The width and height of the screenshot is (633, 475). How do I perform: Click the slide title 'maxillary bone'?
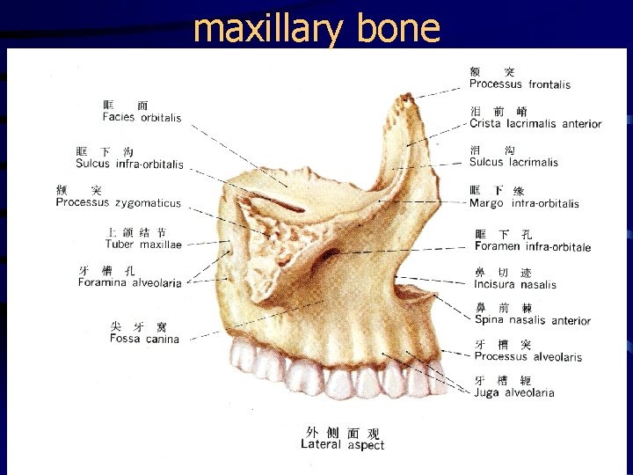316,28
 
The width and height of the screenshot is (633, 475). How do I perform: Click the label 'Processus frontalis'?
520,84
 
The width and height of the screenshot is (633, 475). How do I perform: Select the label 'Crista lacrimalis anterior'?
535,123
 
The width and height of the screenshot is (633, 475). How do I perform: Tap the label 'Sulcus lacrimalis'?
513,162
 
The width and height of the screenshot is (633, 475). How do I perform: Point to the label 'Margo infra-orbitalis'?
524,203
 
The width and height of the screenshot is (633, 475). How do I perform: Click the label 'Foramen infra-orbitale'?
533,246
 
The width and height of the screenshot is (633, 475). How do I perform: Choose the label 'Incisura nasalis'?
515,284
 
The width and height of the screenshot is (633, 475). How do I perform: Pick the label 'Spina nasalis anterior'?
533,320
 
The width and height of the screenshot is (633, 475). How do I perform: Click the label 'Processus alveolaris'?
527,356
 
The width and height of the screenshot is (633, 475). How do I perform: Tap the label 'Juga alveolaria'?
514,392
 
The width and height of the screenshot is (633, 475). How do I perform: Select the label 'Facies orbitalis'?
142,118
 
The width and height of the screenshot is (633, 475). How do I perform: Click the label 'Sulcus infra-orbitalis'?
129,164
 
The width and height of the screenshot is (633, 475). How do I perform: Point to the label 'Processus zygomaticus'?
118,202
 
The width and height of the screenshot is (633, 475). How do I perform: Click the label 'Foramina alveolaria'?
129,282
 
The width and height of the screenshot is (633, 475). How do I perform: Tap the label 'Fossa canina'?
145,339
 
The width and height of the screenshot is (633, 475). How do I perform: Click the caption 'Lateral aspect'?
342,444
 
